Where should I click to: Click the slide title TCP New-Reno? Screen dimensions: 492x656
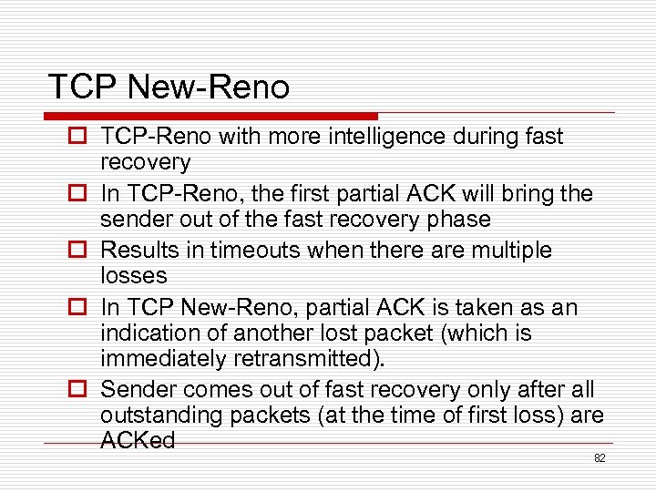(169, 87)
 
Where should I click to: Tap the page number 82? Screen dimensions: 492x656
(600, 458)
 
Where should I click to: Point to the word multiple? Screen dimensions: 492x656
(508, 251)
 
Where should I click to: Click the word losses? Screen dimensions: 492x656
(134, 275)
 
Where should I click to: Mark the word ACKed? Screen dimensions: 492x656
(138, 441)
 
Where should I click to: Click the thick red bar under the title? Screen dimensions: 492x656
(210, 117)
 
